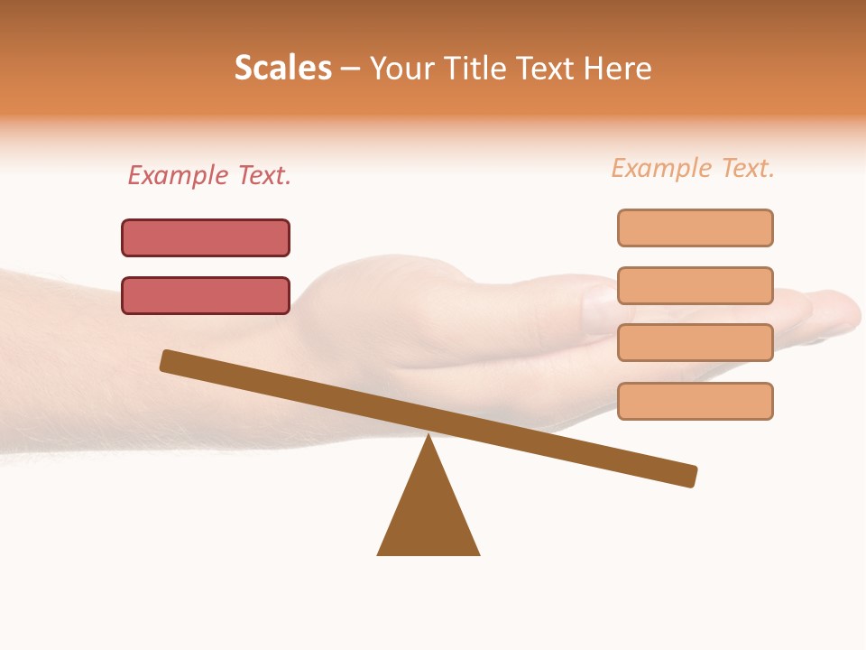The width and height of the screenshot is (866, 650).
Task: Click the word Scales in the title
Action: [x=283, y=68]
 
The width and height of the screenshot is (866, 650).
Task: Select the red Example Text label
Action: [x=209, y=175]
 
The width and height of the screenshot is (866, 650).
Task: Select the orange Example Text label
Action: [x=693, y=168]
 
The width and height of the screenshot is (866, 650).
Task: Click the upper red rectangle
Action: [x=206, y=237]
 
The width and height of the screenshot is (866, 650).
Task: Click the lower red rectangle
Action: [x=206, y=295]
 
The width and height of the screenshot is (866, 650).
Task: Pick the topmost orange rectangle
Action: [x=695, y=227]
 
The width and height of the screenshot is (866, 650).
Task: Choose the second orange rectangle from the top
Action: [x=695, y=285]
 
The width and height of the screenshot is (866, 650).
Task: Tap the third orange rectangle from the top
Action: [x=695, y=342]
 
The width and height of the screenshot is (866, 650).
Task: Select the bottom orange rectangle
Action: [x=695, y=401]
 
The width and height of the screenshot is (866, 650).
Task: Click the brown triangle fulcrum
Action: [x=428, y=510]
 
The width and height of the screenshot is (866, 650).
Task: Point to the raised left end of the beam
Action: [x=168, y=360]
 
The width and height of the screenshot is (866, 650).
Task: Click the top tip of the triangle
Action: [x=428, y=437]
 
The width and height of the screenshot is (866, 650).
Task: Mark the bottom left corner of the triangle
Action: [x=379, y=553]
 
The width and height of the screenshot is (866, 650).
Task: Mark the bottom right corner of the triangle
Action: [x=478, y=553]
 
